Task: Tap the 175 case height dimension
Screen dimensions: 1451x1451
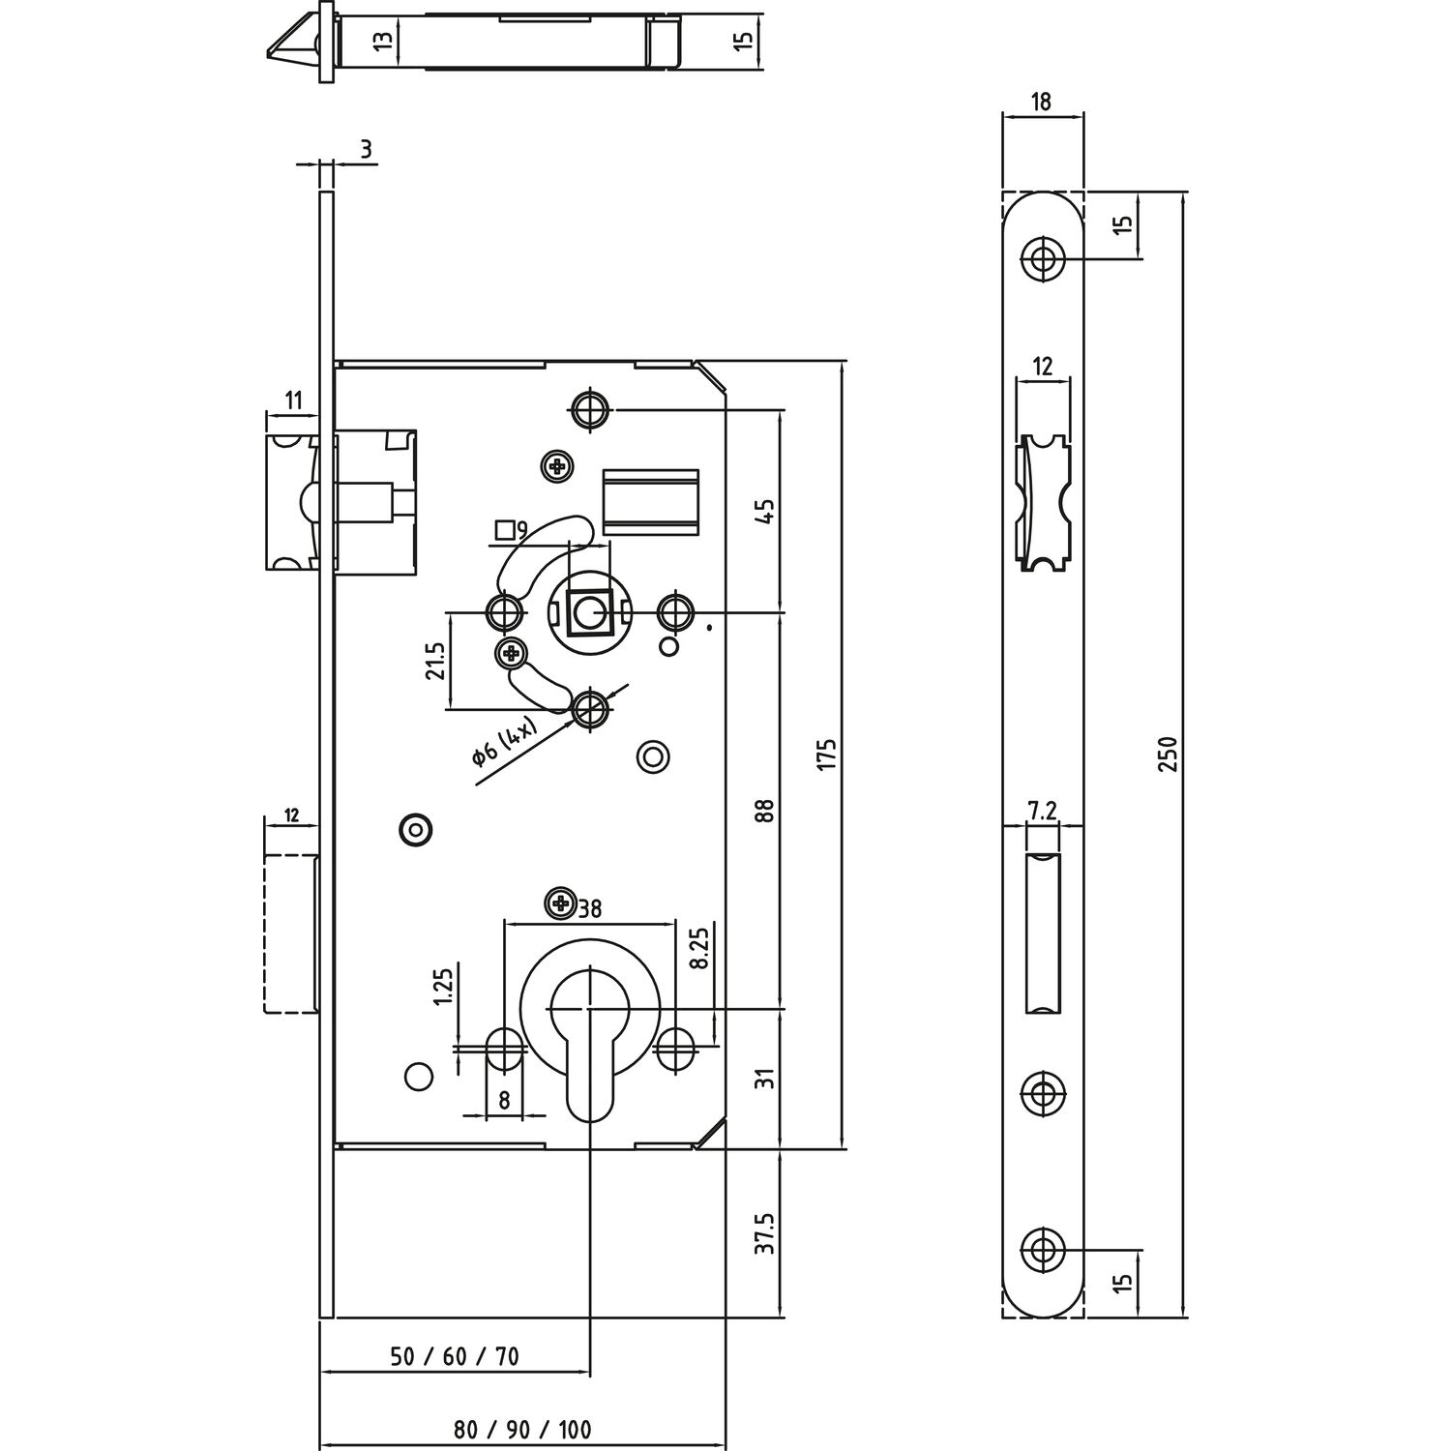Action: point(825,754)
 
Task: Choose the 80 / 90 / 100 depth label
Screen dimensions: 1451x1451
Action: point(522,1428)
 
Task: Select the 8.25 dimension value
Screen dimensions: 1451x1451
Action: point(700,948)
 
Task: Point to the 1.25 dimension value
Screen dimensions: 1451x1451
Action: point(444,987)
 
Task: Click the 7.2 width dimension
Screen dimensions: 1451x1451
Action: point(1042,812)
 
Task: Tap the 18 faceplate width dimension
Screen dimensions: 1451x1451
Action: point(1042,102)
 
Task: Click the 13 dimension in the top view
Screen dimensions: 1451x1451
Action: point(384,41)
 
